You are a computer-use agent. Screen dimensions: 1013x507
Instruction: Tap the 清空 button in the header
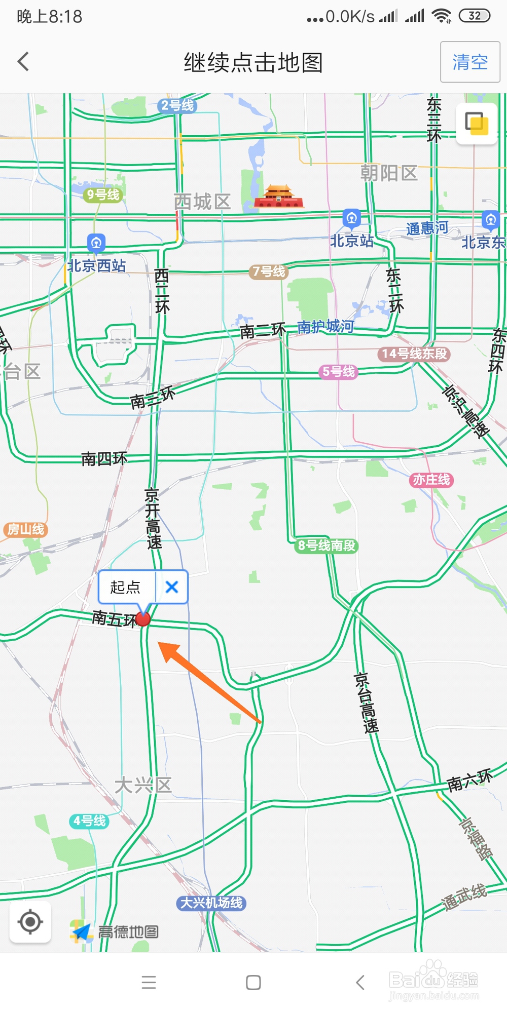[470, 62]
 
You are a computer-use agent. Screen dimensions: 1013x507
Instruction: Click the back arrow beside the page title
[23, 62]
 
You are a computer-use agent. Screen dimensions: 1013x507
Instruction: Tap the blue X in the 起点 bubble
[172, 587]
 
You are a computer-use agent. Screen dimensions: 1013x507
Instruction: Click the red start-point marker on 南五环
[143, 619]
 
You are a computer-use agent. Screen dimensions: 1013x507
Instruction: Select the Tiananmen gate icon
[278, 197]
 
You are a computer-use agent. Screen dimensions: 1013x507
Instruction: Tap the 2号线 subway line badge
[177, 105]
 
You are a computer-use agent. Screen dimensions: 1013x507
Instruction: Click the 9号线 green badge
[103, 194]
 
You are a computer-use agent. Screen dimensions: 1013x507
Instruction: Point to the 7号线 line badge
[269, 272]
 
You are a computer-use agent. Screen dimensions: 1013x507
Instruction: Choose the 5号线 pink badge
[339, 372]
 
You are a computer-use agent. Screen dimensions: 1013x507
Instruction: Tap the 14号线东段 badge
[414, 354]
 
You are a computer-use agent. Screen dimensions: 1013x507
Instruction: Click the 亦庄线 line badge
[431, 480]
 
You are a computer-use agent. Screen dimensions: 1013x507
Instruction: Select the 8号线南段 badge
[327, 546]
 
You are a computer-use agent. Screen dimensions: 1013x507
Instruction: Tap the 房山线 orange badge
[26, 530]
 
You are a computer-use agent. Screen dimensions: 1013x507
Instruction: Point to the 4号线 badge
[89, 821]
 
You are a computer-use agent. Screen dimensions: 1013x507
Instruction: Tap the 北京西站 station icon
[96, 243]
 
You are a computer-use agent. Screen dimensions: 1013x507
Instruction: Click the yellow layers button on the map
[477, 124]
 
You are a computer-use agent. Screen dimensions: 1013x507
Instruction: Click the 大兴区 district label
[143, 786]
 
